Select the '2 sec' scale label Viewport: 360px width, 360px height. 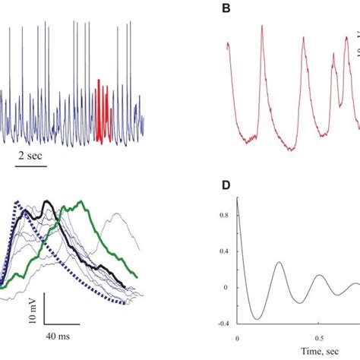[30, 156]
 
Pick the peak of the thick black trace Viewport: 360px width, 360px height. [49, 201]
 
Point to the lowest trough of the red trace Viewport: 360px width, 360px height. [292, 149]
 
